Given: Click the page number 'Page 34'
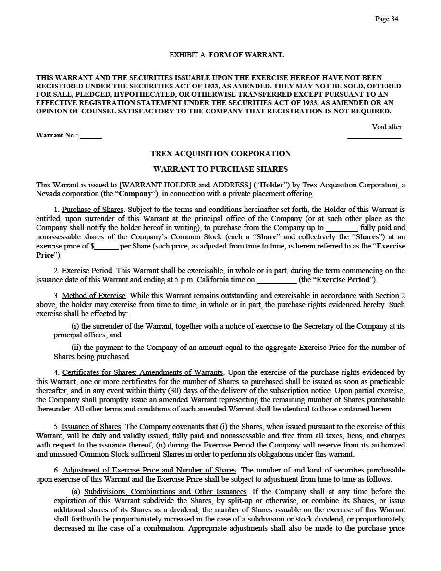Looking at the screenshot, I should click(387, 19).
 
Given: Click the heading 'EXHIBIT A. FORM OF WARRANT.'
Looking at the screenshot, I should click(227, 55).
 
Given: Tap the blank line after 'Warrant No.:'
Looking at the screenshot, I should click(91, 137).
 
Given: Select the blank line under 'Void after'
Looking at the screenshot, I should click(374, 137).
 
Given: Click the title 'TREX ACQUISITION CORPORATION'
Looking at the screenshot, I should click(220, 154).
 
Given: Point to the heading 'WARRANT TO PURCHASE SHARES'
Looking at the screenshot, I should click(220, 169).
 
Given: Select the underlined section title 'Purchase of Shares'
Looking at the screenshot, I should click(93, 209).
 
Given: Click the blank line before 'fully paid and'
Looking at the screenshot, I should click(342, 228).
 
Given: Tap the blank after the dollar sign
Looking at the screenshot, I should click(106, 247).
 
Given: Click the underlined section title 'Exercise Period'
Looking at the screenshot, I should click(87, 271).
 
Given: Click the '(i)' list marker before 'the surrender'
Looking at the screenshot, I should click(75, 326).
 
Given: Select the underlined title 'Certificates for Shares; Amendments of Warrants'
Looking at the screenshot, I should click(143, 372).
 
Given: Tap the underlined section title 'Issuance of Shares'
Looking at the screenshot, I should click(91, 427).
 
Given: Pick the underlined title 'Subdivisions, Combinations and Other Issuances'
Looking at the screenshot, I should click(165, 492).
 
